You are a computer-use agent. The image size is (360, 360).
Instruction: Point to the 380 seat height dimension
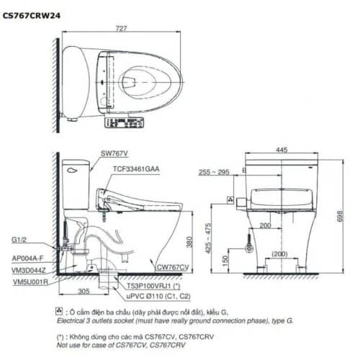click(x=189, y=243)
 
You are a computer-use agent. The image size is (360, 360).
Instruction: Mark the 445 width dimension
click(x=282, y=149)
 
